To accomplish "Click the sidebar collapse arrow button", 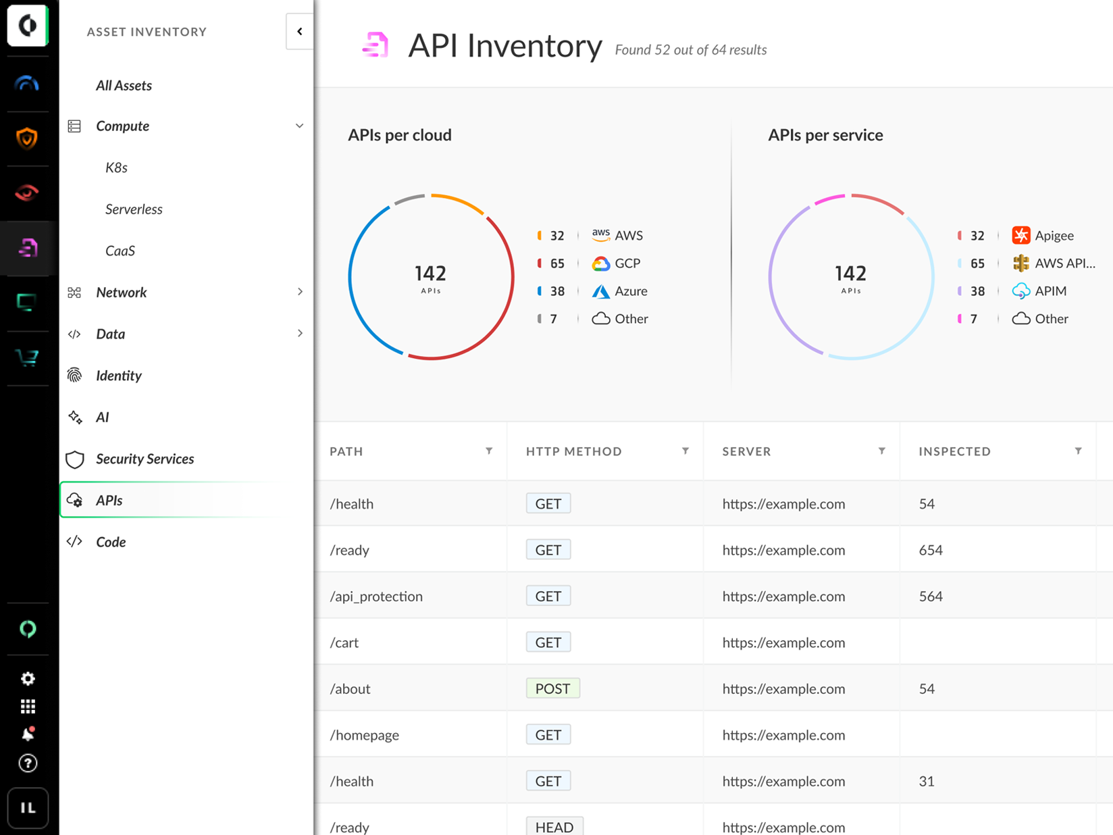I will pyautogui.click(x=299, y=31).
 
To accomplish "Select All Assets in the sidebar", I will pyautogui.click(x=124, y=86).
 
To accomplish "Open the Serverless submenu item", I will pyautogui.click(x=134, y=209).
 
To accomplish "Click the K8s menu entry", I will pyautogui.click(x=116, y=168).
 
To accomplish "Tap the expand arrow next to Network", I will pyautogui.click(x=300, y=292).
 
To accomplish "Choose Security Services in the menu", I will pyautogui.click(x=145, y=459).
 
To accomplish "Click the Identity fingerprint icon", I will pyautogui.click(x=75, y=376).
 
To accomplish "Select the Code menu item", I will pyautogui.click(x=111, y=542).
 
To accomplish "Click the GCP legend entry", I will pyautogui.click(x=627, y=263).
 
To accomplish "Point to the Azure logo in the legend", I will pyautogui.click(x=600, y=291).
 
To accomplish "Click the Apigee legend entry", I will pyautogui.click(x=1054, y=236).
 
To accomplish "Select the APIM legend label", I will pyautogui.click(x=1050, y=291).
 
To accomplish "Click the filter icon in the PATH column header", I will pyautogui.click(x=489, y=451).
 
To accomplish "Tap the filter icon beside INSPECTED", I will pyautogui.click(x=1078, y=451).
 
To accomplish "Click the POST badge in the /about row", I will pyautogui.click(x=552, y=688).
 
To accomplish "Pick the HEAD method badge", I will pyautogui.click(x=554, y=827).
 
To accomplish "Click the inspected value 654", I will pyautogui.click(x=931, y=550).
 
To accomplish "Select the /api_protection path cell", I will pyautogui.click(x=376, y=597).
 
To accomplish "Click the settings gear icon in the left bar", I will pyautogui.click(x=28, y=678).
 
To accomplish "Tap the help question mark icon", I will pyautogui.click(x=28, y=763).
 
